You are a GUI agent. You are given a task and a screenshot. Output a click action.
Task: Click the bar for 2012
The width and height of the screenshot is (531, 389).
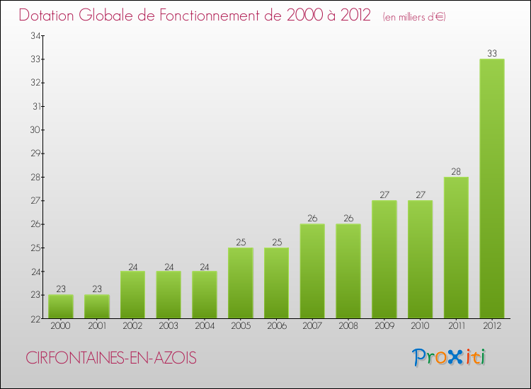click(x=492, y=189)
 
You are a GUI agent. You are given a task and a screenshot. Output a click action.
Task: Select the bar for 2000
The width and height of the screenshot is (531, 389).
click(x=61, y=307)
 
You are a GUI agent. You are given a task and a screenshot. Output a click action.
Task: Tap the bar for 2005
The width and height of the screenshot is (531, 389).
click(x=241, y=283)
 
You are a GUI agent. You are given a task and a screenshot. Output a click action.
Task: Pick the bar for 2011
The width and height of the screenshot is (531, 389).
click(x=456, y=248)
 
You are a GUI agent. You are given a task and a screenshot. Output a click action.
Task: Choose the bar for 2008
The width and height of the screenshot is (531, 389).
click(x=348, y=272)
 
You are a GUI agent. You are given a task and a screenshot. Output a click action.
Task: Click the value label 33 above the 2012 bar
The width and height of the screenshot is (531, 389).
click(x=492, y=53)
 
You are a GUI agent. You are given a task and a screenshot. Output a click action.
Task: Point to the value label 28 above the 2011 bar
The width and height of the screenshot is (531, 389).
click(x=456, y=171)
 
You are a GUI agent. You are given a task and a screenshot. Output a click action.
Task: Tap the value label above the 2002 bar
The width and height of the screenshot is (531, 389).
click(x=132, y=266)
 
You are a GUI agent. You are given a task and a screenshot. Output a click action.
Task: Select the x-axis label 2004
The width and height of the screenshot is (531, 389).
click(x=205, y=326)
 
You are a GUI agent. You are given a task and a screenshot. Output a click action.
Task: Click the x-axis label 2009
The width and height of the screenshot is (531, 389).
click(x=384, y=326)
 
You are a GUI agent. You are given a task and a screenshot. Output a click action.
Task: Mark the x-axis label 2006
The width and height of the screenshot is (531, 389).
click(x=276, y=326)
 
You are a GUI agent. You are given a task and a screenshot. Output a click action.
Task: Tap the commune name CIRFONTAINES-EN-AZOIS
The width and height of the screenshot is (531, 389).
click(x=111, y=358)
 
